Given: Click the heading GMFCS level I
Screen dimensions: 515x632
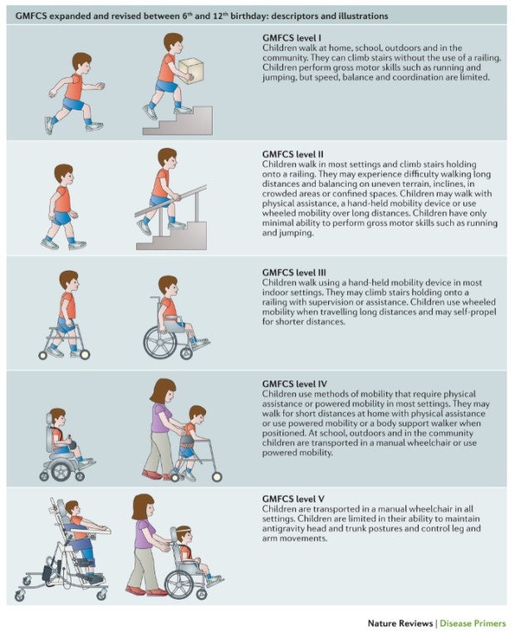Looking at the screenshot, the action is click(x=292, y=38).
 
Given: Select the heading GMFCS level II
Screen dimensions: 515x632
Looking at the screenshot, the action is click(x=292, y=154).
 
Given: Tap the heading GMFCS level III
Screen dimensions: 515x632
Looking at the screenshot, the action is click(x=294, y=272).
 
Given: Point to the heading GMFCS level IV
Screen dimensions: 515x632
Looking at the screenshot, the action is click(x=294, y=384).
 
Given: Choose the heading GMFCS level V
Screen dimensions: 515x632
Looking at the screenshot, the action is click(x=293, y=499).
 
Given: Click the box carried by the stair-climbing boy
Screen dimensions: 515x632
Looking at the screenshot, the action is click(x=191, y=71).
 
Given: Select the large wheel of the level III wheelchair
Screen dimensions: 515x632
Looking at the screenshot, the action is click(x=160, y=342).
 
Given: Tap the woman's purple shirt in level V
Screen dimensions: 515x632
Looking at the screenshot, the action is click(x=144, y=534).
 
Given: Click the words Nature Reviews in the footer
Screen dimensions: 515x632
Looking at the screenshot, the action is click(x=400, y=623).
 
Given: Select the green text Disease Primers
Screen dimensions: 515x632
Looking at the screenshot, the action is click(x=473, y=623).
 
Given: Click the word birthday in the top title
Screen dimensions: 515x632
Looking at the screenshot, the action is click(x=249, y=16).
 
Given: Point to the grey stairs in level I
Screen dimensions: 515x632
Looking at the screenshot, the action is click(x=178, y=120).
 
